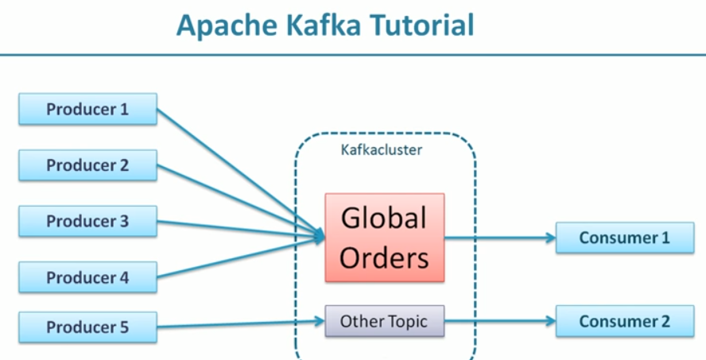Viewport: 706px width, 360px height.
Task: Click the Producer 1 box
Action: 87,109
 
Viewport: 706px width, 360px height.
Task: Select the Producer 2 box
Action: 87,165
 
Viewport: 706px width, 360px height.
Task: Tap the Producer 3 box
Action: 87,221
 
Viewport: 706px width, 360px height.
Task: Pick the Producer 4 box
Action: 87,277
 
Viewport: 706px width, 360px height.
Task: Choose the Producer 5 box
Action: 87,327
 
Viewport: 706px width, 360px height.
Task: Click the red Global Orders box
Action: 384,237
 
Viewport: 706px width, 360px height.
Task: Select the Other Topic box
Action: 384,321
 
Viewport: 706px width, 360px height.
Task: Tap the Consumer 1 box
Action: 624,238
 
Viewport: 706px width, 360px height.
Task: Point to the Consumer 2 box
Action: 624,321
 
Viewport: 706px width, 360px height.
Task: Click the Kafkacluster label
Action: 381,149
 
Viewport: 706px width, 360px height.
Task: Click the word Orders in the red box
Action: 384,257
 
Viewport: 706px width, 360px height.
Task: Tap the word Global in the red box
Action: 384,218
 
